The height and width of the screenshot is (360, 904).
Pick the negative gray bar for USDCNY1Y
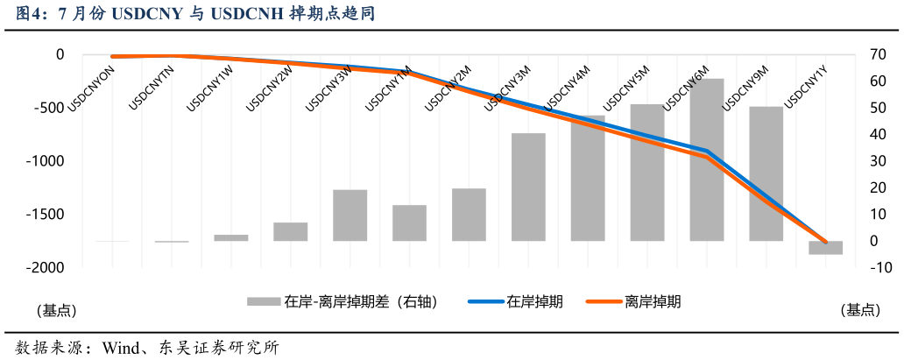coord(825,248)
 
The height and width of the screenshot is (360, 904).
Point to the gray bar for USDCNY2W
coord(290,231)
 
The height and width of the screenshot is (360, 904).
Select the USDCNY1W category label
coord(210,88)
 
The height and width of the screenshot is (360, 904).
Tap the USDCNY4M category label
coord(567,88)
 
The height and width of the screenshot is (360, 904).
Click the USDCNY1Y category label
coord(805,88)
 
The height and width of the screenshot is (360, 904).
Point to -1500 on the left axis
coord(46,215)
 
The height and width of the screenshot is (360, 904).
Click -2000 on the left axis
coord(46,268)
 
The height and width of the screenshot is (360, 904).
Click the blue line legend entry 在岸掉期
coord(534,301)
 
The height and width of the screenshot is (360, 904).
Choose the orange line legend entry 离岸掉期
coord(653,301)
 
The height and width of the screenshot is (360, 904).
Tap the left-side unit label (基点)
coord(56,310)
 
